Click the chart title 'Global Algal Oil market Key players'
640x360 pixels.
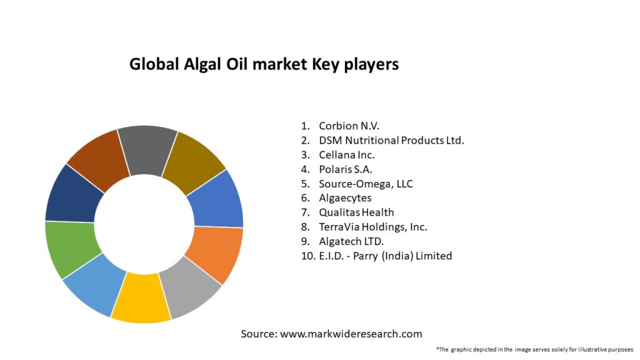click(264, 64)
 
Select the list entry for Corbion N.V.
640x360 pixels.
click(349, 126)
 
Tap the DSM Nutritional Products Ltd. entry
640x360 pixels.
click(391, 140)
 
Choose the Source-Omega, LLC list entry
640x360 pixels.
click(366, 184)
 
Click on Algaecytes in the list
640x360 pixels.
click(345, 198)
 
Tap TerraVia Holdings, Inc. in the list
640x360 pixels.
click(373, 227)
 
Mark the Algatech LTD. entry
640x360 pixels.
click(351, 241)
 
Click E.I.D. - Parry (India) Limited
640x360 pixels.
click(385, 256)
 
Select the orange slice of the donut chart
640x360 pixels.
click(214, 252)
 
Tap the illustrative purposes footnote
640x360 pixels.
click(534, 349)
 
